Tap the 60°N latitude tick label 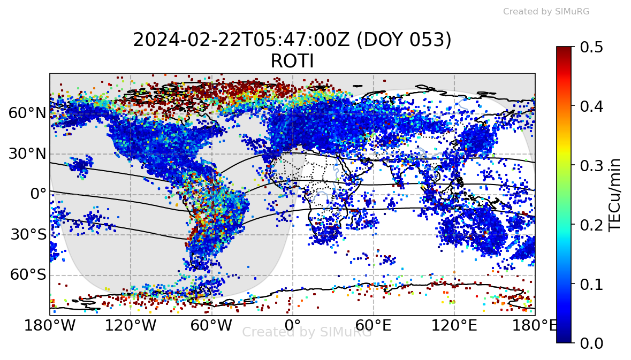click(x=27, y=113)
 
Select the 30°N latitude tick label click(x=27, y=154)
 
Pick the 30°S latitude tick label click(x=27, y=235)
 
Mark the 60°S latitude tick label click(x=27, y=275)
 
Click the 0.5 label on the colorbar click(x=591, y=47)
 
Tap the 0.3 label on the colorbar click(x=591, y=165)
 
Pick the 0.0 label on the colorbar click(x=591, y=343)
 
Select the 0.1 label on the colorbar click(x=591, y=284)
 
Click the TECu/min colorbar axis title click(x=616, y=195)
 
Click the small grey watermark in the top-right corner click(x=546, y=12)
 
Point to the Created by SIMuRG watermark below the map click(x=307, y=332)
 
